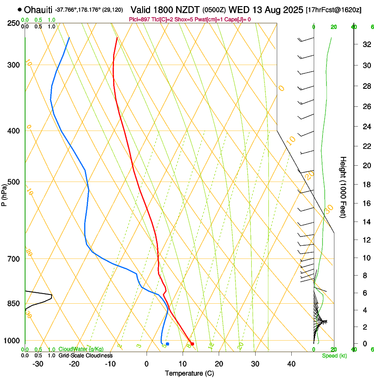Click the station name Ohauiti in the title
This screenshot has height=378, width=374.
point(38,9)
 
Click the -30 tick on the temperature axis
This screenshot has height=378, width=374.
point(38,363)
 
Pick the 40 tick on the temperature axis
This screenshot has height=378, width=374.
point(291,363)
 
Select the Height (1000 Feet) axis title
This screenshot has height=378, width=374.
point(343,187)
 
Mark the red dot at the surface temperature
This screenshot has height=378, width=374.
point(192,344)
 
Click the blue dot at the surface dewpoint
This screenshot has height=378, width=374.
point(168,344)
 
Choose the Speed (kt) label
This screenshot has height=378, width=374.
point(334,355)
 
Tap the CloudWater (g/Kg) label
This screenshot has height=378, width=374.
point(81,349)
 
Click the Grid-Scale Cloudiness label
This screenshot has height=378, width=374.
point(85,355)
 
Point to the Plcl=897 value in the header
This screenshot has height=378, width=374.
point(139,19)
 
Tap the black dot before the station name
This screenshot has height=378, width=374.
point(20,9)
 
